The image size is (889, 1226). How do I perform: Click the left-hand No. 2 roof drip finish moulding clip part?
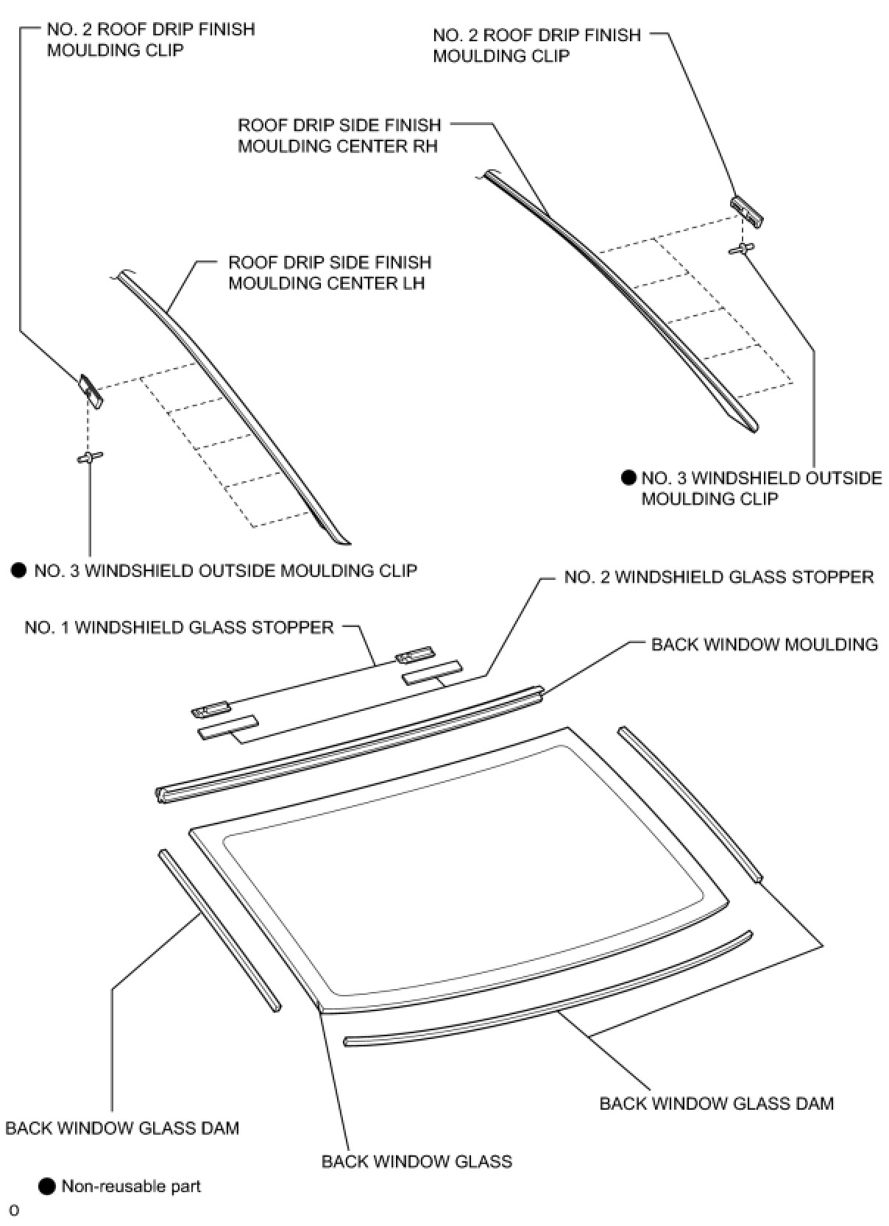tap(92, 390)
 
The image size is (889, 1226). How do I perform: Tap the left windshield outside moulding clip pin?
tap(90, 457)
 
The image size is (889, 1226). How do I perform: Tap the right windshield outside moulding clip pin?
tap(742, 249)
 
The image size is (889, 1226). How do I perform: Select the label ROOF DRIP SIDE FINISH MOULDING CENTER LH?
tap(329, 273)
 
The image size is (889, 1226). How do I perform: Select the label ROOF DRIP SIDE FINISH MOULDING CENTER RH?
tap(339, 135)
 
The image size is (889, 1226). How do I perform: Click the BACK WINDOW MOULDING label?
tap(764, 645)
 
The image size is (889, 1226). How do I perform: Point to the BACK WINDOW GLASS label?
tap(417, 1161)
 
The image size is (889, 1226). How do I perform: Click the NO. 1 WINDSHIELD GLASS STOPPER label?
tap(179, 628)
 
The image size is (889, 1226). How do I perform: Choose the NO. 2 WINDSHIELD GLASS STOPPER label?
tap(718, 577)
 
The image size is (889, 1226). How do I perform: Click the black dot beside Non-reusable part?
tap(47, 1186)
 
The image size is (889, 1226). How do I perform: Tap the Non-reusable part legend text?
tap(131, 1186)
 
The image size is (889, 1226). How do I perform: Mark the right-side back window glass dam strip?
tap(690, 804)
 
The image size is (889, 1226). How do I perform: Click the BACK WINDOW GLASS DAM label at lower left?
tap(122, 1128)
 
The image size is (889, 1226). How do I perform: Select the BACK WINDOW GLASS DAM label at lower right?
tap(716, 1104)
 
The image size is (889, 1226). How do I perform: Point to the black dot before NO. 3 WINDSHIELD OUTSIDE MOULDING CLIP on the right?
tap(628, 478)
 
